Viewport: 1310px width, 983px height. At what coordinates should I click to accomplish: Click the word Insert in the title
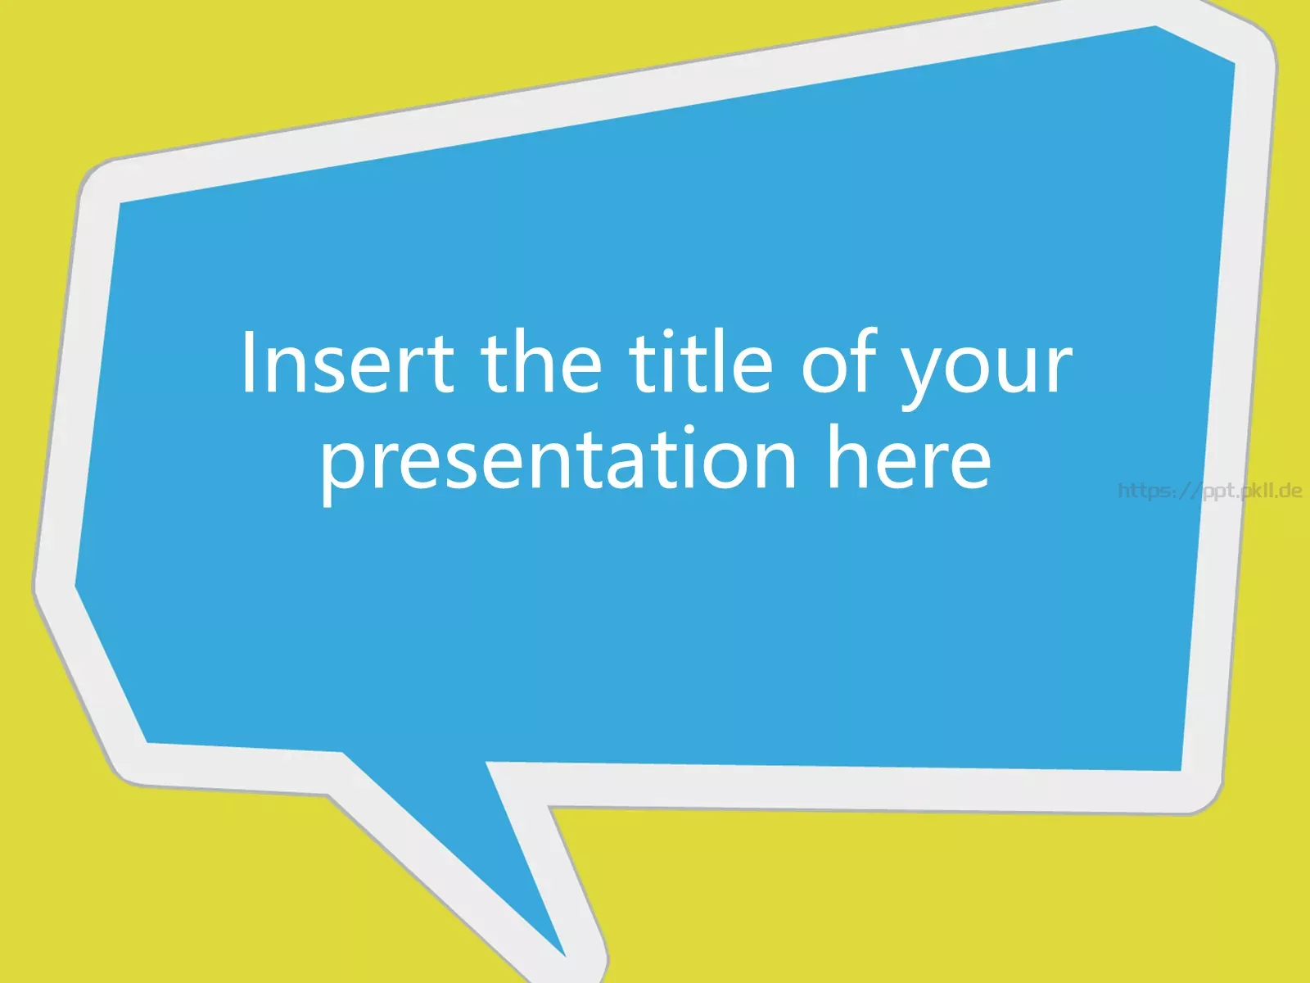[347, 362]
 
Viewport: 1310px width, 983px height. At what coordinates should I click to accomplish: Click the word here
[909, 456]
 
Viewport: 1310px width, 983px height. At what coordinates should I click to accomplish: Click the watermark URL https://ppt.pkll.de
[1210, 491]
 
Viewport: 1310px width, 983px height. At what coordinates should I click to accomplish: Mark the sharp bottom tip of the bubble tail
[565, 955]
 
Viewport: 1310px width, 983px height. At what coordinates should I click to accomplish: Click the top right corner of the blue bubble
[1234, 61]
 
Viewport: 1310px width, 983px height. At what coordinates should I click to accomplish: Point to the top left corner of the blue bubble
[120, 203]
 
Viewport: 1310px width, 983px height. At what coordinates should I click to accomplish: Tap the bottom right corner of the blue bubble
[1181, 771]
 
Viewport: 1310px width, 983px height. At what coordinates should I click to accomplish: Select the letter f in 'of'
[864, 360]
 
